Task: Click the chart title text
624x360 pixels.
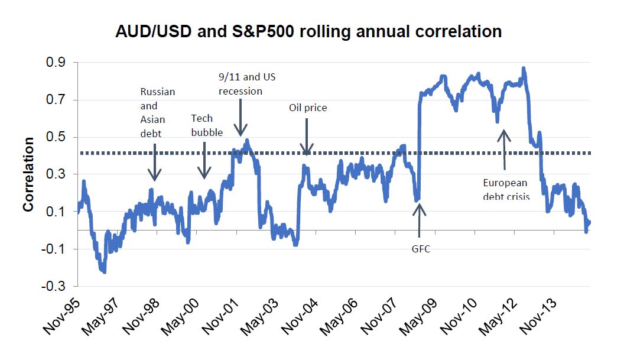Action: coord(308,31)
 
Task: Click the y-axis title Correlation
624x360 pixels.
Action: coord(28,174)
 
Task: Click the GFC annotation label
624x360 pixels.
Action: coord(421,249)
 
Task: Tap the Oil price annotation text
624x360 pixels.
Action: coord(307,108)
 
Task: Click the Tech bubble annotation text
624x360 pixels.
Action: coord(207,125)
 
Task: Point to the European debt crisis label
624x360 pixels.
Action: coord(506,189)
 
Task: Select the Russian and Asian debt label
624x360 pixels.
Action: coord(157,112)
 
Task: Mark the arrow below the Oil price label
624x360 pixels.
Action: coord(307,137)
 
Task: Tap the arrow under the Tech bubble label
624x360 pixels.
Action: coord(204,160)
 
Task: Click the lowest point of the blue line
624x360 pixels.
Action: coord(105,272)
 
